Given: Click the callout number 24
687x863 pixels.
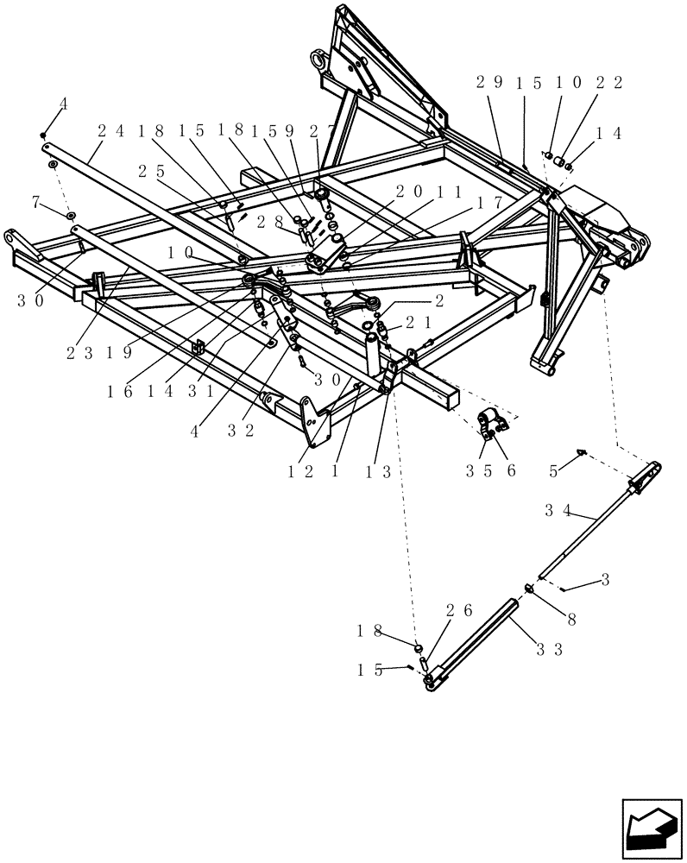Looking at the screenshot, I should click(110, 131).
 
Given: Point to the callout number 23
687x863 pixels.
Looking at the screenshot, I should click(81, 352).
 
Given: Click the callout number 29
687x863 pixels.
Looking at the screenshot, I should click(489, 83).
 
